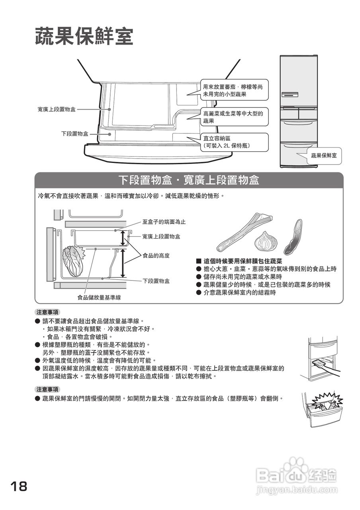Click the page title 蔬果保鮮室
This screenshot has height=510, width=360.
click(x=84, y=37)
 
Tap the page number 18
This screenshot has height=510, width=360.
click(x=19, y=486)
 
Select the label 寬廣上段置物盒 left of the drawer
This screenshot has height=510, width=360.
click(x=57, y=109)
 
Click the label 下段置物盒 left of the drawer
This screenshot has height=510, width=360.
click(x=75, y=134)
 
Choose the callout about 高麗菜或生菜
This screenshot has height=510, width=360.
click(x=233, y=117)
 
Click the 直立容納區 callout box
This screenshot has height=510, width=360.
click(x=233, y=142)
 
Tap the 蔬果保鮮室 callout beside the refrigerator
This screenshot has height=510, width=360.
click(x=324, y=155)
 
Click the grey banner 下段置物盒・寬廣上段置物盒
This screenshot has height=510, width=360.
click(x=189, y=180)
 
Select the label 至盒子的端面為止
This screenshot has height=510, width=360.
click(x=164, y=222)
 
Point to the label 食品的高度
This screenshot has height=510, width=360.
click(x=156, y=256)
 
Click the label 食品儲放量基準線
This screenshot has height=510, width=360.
click(x=99, y=297)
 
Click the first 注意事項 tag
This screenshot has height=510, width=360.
click(x=47, y=312)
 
